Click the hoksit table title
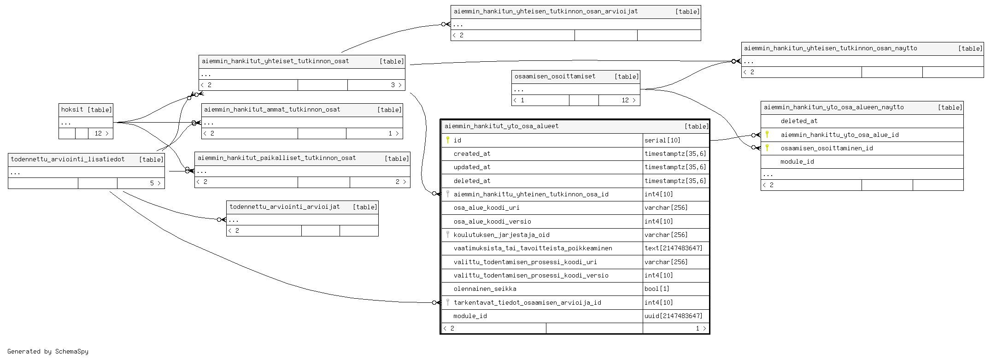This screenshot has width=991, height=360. pyautogui.click(x=72, y=110)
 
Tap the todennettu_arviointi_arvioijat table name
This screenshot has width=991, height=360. pyautogui.click(x=285, y=207)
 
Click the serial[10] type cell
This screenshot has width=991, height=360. pyautogui.click(x=663, y=141)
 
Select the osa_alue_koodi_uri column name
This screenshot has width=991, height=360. pyautogui.click(x=487, y=208)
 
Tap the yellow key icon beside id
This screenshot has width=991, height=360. pyautogui.click(x=447, y=140)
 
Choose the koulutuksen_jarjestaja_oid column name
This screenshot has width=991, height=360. pyautogui.click(x=501, y=235)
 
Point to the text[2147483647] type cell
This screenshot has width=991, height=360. pyautogui.click(x=674, y=248)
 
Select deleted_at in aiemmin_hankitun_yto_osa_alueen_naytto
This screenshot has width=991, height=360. pyautogui.click(x=799, y=121)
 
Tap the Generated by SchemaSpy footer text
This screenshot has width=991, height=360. pyautogui.click(x=48, y=352)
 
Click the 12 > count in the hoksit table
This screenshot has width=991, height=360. pyautogui.click(x=101, y=134)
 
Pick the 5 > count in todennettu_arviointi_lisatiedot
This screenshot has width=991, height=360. pyautogui.click(x=155, y=183)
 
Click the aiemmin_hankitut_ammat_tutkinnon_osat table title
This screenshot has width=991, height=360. pyautogui.click(x=272, y=110)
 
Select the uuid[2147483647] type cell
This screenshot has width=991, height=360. pyautogui.click(x=674, y=316)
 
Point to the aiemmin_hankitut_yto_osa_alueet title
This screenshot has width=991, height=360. pyautogui.click(x=501, y=126)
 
